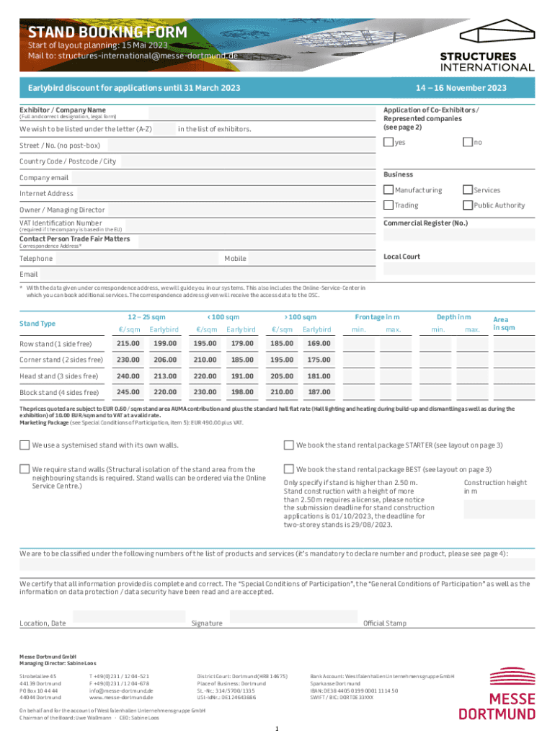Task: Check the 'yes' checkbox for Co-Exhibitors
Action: point(388,142)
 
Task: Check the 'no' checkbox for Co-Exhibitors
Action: point(467,142)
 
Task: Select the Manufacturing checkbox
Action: point(388,190)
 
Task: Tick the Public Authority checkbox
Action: point(467,205)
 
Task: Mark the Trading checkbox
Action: point(388,205)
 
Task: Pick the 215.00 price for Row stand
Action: point(128,343)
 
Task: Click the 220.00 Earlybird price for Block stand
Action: point(165,393)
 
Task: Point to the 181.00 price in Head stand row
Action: point(319,376)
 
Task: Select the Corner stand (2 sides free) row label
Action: point(61,360)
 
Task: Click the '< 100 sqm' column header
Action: point(223,317)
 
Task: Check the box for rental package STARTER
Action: point(288,445)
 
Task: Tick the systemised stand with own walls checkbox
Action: point(25,445)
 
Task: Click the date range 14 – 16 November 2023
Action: point(461,88)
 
